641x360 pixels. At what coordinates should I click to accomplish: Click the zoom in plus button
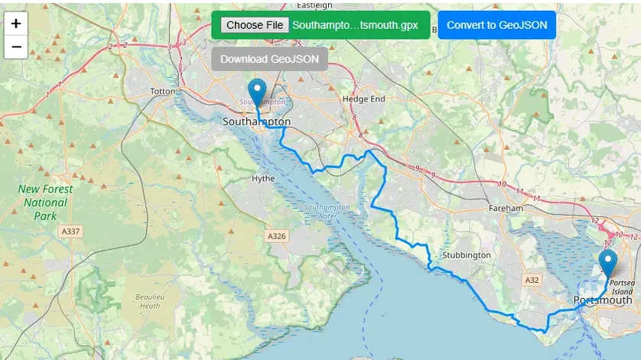(16, 24)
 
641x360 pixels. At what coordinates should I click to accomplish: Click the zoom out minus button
(16, 47)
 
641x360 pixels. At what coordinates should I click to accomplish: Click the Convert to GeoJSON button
(496, 24)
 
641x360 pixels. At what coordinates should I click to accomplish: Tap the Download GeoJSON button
(269, 59)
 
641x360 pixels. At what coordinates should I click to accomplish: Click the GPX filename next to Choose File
(355, 24)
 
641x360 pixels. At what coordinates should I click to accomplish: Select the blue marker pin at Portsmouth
(608, 263)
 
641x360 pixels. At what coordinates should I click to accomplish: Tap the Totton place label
(163, 92)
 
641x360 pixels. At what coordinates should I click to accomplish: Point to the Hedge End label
(364, 99)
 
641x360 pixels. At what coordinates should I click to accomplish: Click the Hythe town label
(262, 179)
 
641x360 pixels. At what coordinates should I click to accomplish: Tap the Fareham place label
(506, 208)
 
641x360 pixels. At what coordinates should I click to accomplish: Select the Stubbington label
(466, 255)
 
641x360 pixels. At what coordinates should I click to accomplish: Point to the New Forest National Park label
(46, 203)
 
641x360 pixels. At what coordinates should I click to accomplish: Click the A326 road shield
(277, 236)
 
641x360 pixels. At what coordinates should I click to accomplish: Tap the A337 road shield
(70, 231)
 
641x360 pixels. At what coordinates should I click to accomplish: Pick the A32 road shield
(532, 281)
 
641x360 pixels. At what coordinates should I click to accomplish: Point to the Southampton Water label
(327, 212)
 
